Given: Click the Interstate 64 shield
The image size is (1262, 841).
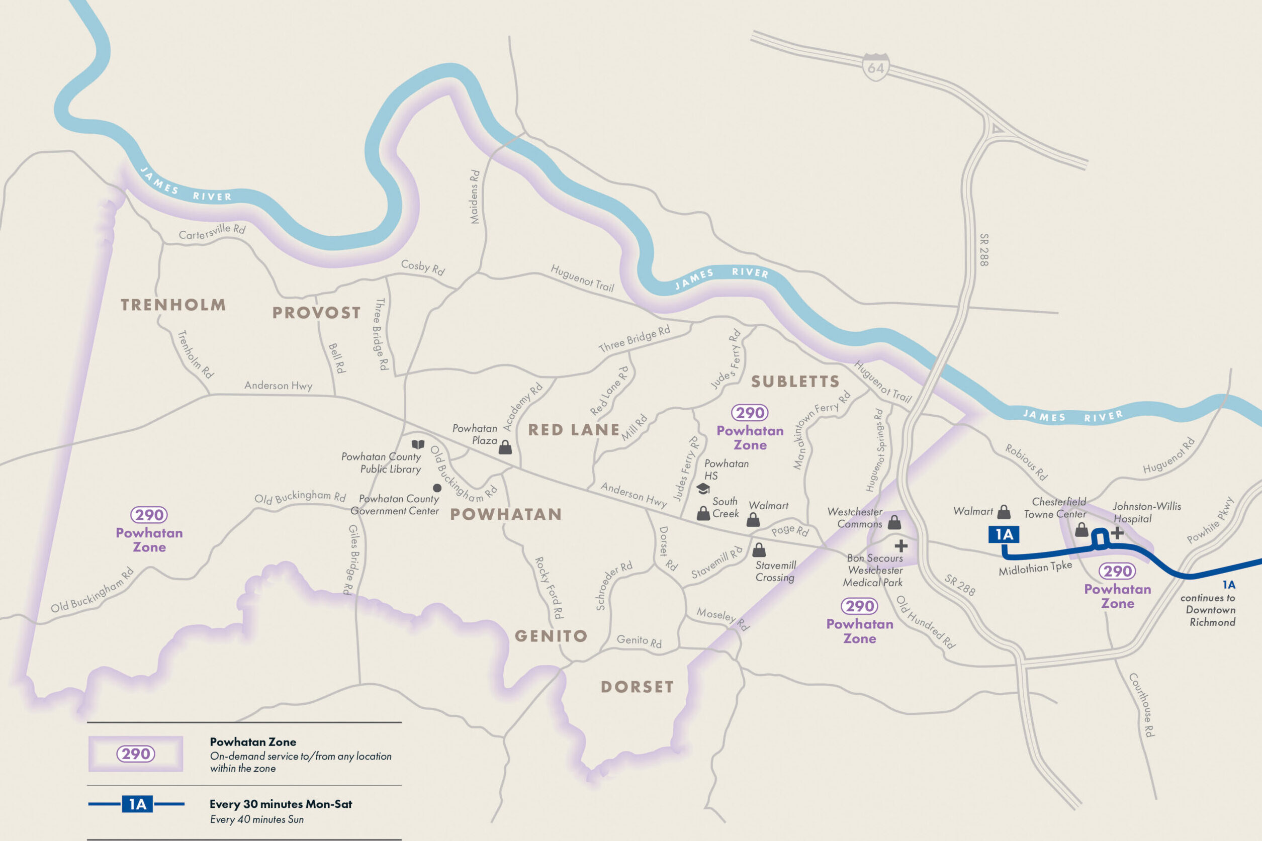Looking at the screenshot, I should tap(875, 67).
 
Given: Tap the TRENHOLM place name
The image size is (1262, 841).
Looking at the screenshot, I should tap(172, 305).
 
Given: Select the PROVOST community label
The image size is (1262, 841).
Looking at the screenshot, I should tap(316, 313).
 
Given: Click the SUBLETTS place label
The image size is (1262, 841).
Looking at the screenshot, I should tap(795, 382).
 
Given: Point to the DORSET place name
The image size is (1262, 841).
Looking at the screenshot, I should tap(637, 687).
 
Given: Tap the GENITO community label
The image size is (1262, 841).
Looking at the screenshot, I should tap(552, 636).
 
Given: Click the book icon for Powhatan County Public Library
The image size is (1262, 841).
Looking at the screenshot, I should tap(418, 444).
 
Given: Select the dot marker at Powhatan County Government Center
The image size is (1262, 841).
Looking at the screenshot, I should tap(437, 488).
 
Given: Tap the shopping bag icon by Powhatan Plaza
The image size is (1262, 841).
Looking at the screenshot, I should tap(505, 447).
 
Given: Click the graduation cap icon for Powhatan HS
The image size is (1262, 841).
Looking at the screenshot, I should tap(702, 489).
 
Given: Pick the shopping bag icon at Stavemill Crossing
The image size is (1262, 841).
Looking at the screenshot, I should tap(759, 550).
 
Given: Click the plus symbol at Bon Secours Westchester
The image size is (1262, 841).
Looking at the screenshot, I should tap(901, 546).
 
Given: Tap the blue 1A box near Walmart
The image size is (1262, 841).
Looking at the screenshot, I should tap(1004, 534).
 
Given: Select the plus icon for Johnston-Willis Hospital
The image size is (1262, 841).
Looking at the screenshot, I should tap(1117, 532).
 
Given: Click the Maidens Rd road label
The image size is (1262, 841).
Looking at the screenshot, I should tap(475, 197).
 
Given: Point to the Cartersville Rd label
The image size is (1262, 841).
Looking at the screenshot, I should tap(212, 232).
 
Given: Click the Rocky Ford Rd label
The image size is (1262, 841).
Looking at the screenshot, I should tap(549, 587).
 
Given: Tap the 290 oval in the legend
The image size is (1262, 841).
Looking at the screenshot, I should tap(136, 754).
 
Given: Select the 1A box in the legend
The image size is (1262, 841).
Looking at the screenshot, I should tap(137, 804).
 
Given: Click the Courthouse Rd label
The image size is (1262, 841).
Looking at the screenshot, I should tap(1141, 705).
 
